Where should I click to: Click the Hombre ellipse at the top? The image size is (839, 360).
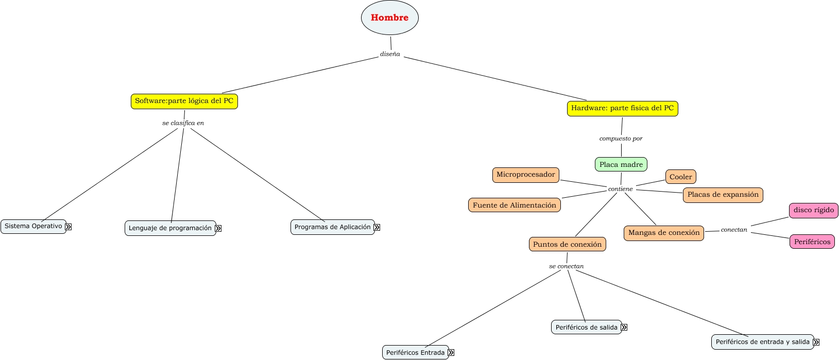point(389,18)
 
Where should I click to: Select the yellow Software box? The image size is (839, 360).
point(184,101)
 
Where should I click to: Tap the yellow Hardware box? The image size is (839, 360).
point(622,108)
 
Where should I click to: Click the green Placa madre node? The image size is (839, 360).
point(621,164)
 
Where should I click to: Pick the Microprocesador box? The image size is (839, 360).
point(525,175)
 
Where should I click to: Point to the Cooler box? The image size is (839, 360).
point(680,177)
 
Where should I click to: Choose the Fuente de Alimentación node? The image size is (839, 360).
point(514,205)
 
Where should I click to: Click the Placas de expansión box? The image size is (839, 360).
point(723,195)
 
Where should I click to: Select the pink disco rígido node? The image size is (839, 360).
point(813,210)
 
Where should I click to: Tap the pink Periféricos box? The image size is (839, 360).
point(812,242)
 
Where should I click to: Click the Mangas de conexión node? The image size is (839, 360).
point(663,233)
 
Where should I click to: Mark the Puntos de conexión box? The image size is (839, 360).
point(567,244)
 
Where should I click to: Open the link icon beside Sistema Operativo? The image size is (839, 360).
point(69,227)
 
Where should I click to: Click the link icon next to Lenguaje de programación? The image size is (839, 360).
point(218,228)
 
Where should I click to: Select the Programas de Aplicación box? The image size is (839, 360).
point(332,227)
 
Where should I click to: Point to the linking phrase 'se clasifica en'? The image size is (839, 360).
point(183,123)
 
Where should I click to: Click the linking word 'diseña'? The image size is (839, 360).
point(390,54)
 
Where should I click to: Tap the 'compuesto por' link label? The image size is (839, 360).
point(621,139)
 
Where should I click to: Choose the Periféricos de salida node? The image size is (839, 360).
point(586,327)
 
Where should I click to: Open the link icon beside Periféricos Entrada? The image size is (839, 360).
point(451,353)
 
